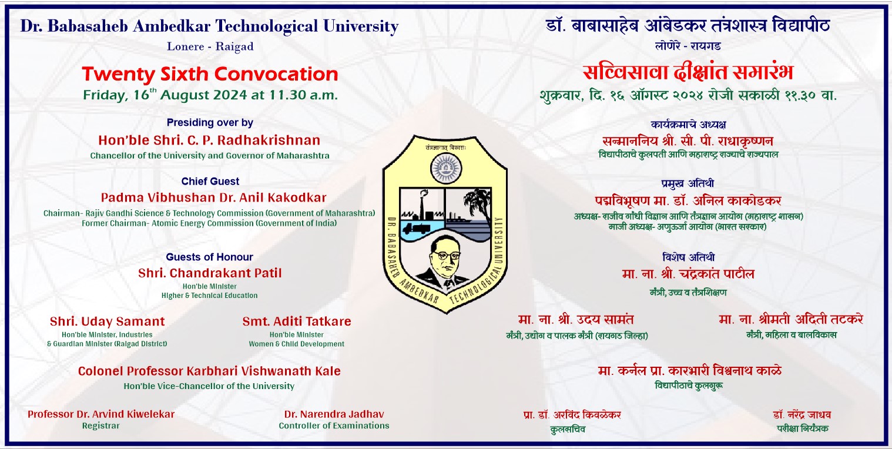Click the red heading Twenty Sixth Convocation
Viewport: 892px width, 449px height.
(210, 74)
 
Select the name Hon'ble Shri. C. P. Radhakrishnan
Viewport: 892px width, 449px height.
(209, 140)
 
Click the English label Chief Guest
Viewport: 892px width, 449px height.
(210, 181)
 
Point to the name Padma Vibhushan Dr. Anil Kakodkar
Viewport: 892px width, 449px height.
(213, 197)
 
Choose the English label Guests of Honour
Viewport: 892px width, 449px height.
(209, 257)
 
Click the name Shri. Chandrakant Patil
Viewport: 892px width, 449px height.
(210, 273)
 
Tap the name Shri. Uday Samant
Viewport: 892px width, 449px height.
(107, 321)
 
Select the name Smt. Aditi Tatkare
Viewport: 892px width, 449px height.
(297, 321)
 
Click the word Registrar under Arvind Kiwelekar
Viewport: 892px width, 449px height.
(100, 426)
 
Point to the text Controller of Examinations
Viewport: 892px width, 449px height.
(334, 426)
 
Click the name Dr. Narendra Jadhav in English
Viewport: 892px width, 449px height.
(334, 414)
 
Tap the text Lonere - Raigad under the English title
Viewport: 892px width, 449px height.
(210, 46)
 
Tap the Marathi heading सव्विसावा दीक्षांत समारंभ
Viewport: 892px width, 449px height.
(688, 72)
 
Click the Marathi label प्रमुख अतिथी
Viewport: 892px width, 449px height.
(688, 184)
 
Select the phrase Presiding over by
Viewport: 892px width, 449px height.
(210, 123)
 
